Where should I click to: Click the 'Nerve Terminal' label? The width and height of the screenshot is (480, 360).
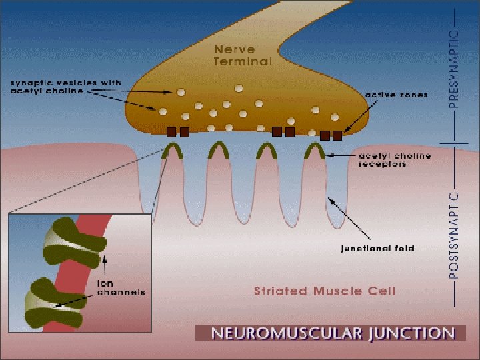(243, 55)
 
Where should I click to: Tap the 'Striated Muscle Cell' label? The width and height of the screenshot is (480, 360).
(325, 291)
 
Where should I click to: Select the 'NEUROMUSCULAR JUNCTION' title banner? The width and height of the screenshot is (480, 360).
(331, 332)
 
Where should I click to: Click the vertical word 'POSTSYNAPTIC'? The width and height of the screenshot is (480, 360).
(455, 234)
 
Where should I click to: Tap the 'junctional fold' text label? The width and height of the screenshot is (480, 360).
(377, 248)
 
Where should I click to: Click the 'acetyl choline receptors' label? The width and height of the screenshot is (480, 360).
(395, 160)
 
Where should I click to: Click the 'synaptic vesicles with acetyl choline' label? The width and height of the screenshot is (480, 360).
(65, 87)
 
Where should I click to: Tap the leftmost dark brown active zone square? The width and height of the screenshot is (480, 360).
(171, 131)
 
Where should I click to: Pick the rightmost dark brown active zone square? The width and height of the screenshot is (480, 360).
(337, 135)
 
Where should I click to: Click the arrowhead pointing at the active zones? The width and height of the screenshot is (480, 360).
(345, 131)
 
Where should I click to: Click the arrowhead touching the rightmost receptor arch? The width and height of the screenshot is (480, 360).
(326, 155)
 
